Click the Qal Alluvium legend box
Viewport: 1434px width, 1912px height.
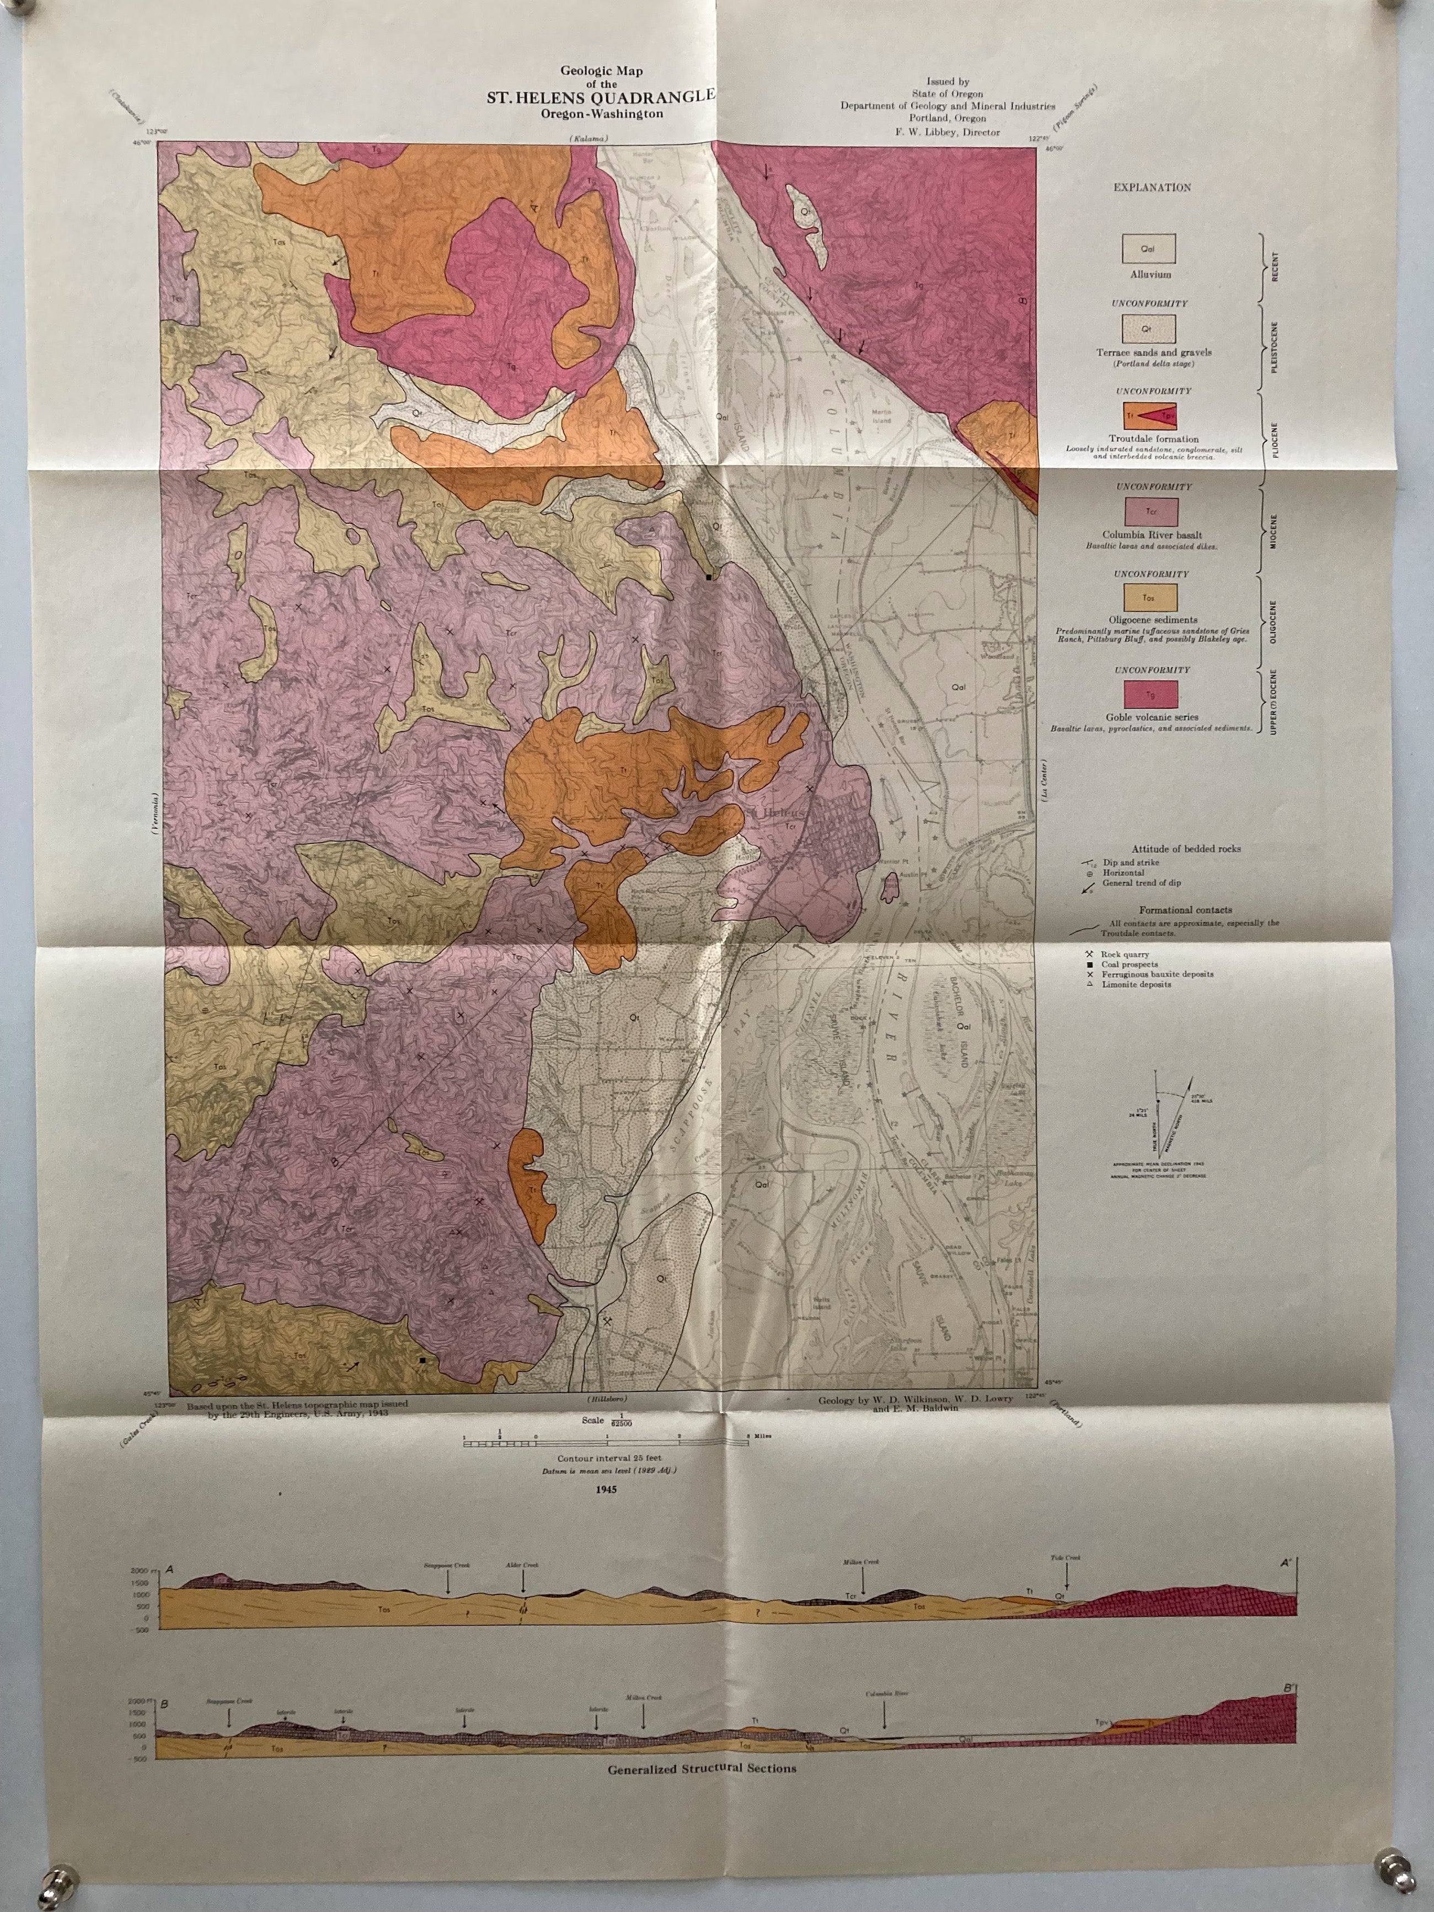(1148, 249)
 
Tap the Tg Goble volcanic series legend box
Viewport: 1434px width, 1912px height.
(1149, 693)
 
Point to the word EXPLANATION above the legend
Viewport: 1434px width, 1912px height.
(1152, 187)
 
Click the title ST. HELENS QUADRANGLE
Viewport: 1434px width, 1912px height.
(600, 97)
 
